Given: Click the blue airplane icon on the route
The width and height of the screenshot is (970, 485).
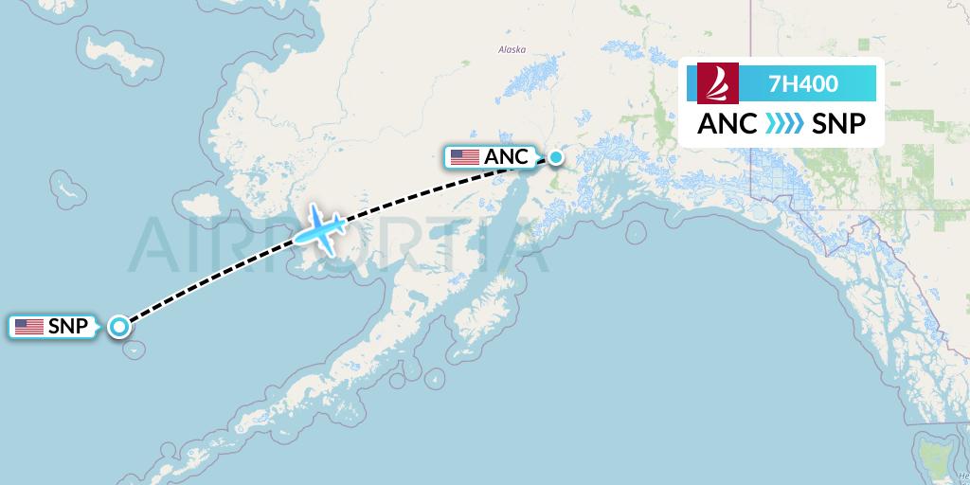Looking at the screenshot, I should (321, 226).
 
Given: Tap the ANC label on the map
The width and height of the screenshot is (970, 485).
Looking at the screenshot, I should (506, 157).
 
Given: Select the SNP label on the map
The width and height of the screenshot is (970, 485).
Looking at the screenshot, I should (68, 327).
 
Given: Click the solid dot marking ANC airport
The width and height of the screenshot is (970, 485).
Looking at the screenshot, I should (556, 157).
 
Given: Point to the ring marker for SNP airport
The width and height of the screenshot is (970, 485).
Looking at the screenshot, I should (119, 327).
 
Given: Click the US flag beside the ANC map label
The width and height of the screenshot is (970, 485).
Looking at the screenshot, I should (464, 157).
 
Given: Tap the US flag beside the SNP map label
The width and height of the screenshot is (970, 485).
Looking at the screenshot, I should (29, 327).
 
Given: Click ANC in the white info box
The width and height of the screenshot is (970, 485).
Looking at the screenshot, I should (727, 124).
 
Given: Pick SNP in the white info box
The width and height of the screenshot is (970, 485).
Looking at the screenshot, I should (838, 124).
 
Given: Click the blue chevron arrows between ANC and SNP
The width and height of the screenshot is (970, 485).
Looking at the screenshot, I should (782, 124).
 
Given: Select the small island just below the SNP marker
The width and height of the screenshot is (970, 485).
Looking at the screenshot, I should (136, 350).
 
